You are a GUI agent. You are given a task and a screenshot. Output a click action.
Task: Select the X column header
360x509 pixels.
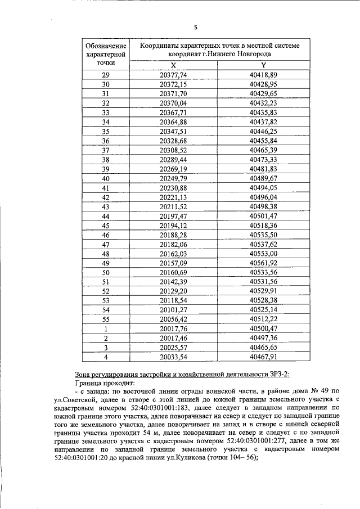[x=173, y=65]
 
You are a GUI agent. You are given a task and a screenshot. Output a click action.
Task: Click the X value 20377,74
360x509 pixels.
[x=173, y=75]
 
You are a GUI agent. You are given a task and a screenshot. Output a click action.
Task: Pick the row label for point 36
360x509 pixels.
[x=105, y=140]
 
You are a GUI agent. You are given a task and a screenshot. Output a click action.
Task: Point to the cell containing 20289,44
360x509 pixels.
[x=173, y=159]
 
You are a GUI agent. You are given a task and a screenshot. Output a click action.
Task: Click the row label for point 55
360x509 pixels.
[x=105, y=318]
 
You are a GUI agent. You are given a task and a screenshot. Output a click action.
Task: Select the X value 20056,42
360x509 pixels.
[x=173, y=318]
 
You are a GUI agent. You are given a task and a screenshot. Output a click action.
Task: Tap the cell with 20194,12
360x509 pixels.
[x=173, y=225]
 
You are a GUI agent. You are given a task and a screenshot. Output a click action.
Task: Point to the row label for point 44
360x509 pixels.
[x=105, y=215]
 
